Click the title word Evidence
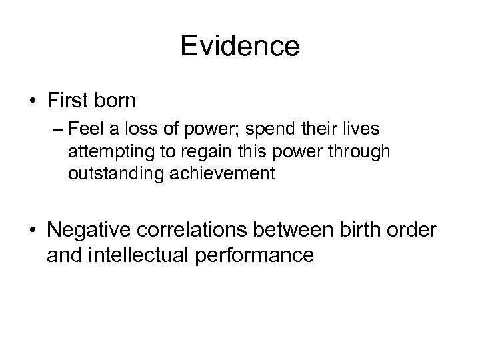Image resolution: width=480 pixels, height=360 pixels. [240, 47]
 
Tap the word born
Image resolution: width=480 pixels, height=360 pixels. [117, 101]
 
